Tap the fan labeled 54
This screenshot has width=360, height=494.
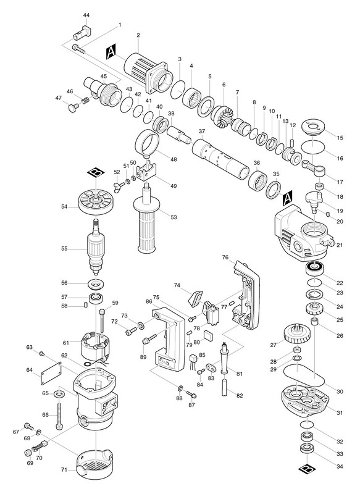coord(96,201)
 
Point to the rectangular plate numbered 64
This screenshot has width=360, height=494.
coord(51,374)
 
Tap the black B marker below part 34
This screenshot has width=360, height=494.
coord(306,469)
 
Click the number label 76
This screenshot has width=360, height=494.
coord(225,257)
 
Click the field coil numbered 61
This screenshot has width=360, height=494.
coord(96,349)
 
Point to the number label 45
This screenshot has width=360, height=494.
coord(103,76)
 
